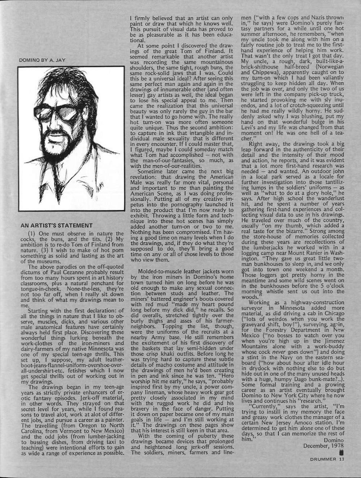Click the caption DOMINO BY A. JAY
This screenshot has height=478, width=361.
pos(42,60)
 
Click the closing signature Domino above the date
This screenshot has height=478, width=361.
pos(334,440)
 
